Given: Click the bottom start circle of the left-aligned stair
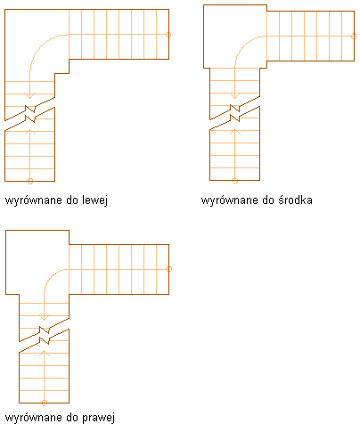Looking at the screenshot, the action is point(30,181).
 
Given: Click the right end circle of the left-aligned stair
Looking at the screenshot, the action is point(168,35).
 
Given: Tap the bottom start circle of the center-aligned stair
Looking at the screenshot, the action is point(235,181).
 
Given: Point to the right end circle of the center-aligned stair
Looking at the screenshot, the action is point(354,37).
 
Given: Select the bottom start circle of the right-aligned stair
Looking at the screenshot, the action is point(45,403).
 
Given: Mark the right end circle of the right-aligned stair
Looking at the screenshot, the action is point(169,269).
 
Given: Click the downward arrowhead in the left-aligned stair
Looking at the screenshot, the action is point(30,95).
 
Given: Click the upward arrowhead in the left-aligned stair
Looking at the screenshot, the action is point(30,132).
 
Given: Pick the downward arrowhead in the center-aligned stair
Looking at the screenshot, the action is point(235,95).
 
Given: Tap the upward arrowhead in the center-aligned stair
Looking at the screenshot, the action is point(235,131).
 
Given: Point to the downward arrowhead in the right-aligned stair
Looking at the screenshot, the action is point(45,317).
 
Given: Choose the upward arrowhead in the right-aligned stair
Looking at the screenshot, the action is point(45,353).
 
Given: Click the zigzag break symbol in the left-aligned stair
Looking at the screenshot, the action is point(30,114).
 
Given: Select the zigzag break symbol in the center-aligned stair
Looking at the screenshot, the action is point(235,113).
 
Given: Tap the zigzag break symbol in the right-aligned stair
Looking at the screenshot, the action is point(45,335).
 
